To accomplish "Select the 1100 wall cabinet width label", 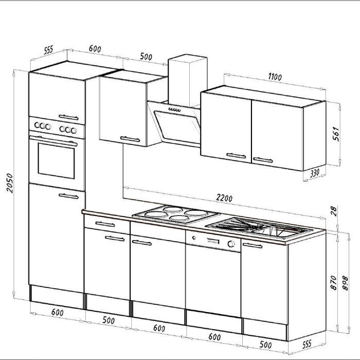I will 275,77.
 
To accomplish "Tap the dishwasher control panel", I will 212,241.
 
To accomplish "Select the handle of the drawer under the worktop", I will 105,224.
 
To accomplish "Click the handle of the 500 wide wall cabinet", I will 130,138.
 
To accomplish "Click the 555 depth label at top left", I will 48,50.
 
